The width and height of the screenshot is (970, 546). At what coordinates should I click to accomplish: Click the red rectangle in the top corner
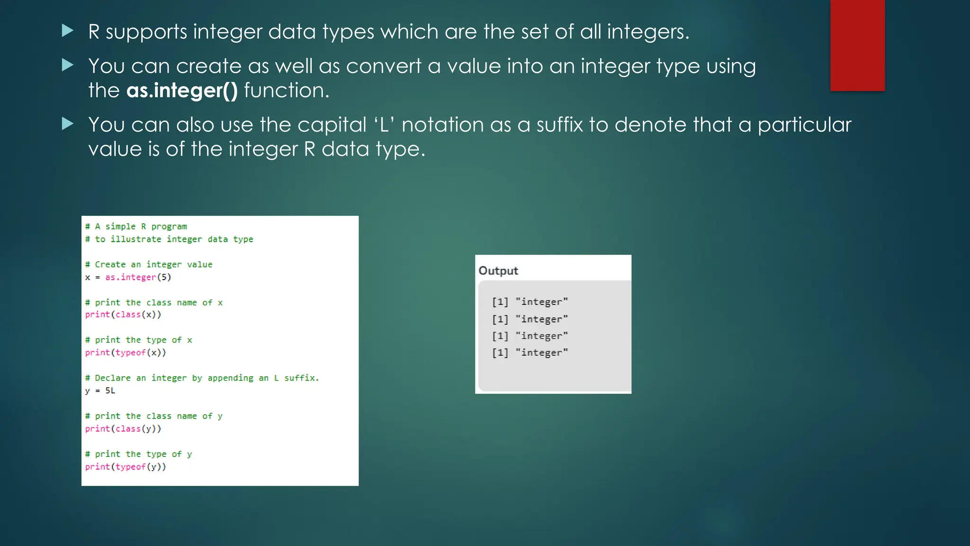coord(857,45)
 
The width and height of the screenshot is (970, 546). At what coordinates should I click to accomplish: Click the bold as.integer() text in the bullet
coord(182,91)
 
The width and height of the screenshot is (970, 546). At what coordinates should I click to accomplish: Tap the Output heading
coord(498,271)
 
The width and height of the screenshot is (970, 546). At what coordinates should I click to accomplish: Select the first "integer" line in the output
coord(530,302)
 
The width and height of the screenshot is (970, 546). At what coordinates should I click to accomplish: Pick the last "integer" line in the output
coord(530,353)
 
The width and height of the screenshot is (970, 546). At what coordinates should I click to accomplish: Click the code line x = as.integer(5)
coord(128,277)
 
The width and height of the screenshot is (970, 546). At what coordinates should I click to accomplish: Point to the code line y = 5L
coord(100,391)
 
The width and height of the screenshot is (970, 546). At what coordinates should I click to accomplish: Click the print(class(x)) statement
coord(123,315)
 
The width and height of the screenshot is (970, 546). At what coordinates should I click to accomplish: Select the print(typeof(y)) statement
coord(126,467)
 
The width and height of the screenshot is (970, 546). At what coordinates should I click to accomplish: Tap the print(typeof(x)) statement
coord(126,353)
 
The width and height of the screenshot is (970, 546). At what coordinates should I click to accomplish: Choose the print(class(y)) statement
coord(123,429)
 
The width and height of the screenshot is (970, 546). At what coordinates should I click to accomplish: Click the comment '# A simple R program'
coord(136,227)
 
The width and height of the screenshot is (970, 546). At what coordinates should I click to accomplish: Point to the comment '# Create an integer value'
coord(149,264)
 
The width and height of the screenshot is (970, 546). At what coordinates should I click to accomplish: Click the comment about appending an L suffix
coord(202,378)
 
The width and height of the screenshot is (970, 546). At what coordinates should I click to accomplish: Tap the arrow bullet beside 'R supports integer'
coord(68,31)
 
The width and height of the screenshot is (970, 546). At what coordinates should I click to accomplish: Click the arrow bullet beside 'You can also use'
coord(68,124)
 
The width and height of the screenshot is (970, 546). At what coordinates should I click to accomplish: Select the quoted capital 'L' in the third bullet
coord(384,125)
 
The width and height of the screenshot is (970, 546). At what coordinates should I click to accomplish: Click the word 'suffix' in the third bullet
coord(559,125)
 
